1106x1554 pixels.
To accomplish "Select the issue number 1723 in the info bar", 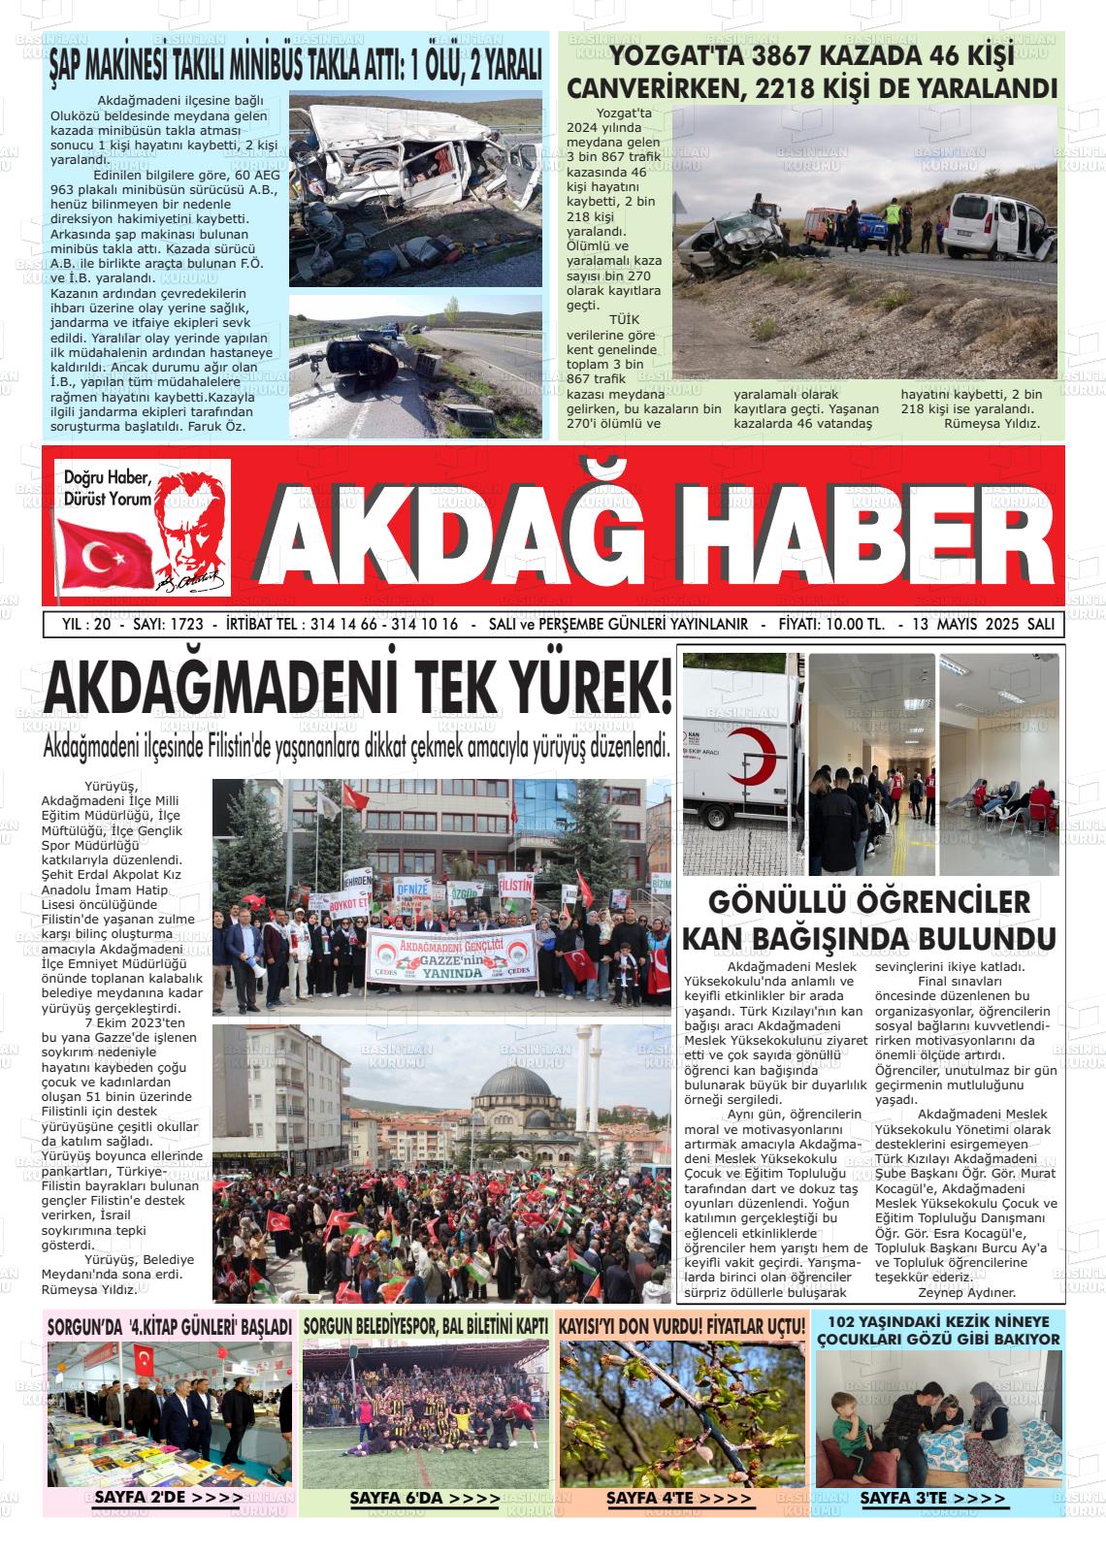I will point(181,624).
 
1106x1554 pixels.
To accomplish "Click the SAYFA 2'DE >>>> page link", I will point(169,1499).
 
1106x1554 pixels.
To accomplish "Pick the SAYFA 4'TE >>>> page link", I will point(679,1499).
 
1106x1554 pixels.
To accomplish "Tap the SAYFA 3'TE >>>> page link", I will point(933,1499).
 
